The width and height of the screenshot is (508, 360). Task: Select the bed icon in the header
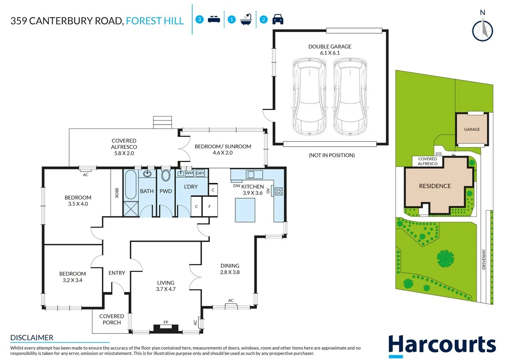[214, 20]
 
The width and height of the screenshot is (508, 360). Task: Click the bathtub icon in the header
[246, 20]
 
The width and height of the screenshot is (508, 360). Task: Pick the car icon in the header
[278, 20]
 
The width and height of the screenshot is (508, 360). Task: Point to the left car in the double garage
[309, 97]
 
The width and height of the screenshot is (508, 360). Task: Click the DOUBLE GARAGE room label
[330, 47]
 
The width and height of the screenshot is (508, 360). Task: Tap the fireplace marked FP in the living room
[166, 328]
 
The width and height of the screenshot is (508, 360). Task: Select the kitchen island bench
[245, 210]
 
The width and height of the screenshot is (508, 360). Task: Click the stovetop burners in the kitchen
[279, 191]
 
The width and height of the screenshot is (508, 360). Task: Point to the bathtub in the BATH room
[131, 185]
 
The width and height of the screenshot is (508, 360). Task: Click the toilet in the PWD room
[166, 176]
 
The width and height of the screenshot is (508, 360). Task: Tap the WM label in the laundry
[189, 173]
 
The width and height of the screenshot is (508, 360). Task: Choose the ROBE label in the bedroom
[117, 193]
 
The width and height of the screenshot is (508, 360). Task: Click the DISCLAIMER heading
[32, 338]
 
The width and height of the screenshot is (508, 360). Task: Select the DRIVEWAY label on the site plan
[484, 259]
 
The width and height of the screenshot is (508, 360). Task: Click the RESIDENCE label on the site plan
[435, 186]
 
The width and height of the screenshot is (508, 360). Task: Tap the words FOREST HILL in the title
[155, 21]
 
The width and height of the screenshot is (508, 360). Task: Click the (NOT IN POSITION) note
[332, 155]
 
